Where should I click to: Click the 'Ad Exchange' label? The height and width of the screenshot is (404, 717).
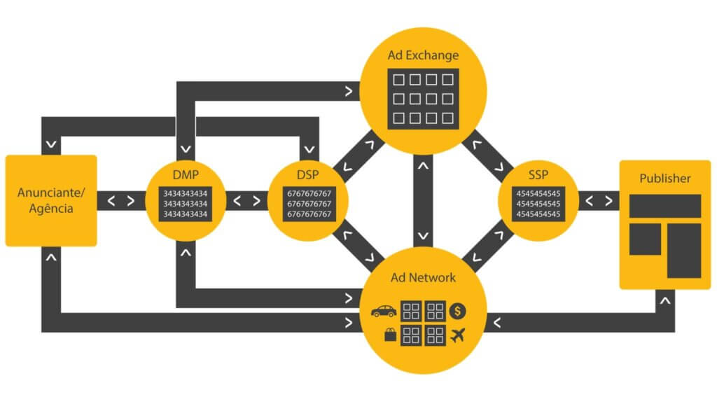tap(422, 55)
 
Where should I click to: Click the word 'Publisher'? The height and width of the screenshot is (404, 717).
tap(664, 179)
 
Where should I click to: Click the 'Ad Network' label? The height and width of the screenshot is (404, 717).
tap(423, 278)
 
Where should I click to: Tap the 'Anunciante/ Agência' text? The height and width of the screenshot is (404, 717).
tap(50, 200)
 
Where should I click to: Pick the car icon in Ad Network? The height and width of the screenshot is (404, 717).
tap(384, 311)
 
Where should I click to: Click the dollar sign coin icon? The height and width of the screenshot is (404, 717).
tap(459, 310)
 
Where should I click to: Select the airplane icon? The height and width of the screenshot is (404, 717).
tap(459, 335)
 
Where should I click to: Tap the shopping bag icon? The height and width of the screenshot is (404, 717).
tap(390, 335)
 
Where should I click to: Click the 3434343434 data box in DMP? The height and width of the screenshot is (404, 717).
tap(186, 203)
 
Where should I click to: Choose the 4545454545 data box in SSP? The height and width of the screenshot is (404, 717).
tap(538, 203)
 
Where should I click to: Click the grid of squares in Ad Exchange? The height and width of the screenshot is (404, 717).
tap(423, 99)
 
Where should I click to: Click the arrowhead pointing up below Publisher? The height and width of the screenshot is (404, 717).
tap(665, 301)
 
